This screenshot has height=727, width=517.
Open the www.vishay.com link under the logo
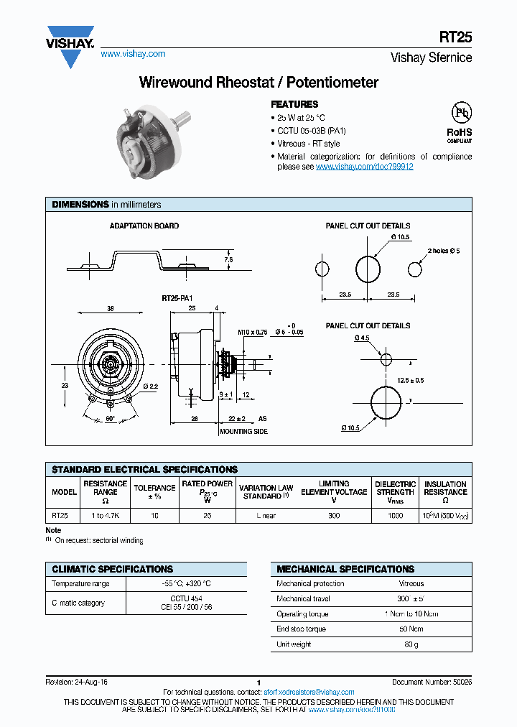(133, 54)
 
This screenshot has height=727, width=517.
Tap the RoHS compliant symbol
(460, 123)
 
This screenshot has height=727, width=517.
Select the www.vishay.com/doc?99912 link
(364, 166)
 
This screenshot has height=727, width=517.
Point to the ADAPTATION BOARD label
(144, 226)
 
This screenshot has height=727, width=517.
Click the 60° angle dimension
(110, 417)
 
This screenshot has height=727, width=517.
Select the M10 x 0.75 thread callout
(253, 333)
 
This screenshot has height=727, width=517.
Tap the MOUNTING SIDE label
(243, 431)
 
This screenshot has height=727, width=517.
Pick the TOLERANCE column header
(154, 492)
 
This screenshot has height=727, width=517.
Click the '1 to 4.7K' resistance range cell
(106, 516)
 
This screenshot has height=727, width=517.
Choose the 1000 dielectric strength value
(395, 516)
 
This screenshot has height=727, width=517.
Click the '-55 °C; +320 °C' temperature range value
(185, 584)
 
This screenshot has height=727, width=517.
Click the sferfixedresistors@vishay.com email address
(309, 692)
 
